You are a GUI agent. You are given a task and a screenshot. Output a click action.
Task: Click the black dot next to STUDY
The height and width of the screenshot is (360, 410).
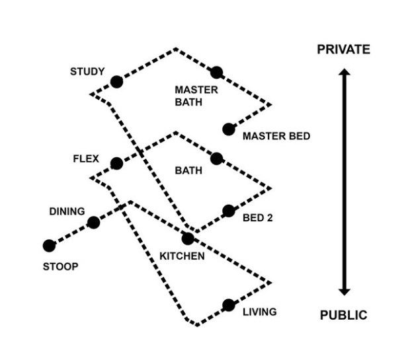(x=116, y=82)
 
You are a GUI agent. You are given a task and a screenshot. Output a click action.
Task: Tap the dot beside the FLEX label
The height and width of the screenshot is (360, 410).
(x=116, y=163)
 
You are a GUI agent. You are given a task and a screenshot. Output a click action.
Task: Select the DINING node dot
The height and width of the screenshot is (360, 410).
(x=93, y=223)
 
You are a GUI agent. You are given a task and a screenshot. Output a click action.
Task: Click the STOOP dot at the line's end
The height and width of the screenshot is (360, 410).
(x=49, y=246)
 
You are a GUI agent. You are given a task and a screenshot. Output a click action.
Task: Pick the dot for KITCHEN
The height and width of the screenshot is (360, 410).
(x=188, y=238)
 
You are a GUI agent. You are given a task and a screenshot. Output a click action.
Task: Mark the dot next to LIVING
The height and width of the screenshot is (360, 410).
(x=229, y=305)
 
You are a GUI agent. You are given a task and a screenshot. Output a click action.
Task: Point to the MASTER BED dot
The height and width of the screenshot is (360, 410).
(x=229, y=129)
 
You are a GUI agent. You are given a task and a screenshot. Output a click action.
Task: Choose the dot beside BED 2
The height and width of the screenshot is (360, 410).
(x=229, y=211)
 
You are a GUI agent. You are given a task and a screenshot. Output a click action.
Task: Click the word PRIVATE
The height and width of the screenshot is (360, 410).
(x=343, y=50)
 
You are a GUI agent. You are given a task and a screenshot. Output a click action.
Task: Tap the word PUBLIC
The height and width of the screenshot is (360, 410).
(x=343, y=315)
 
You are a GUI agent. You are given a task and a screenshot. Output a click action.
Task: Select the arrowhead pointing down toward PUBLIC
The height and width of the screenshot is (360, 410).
(x=343, y=291)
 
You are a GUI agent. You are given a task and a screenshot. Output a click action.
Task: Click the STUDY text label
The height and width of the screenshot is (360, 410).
(x=87, y=71)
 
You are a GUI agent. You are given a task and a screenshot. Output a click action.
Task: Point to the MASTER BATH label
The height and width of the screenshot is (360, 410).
(x=188, y=96)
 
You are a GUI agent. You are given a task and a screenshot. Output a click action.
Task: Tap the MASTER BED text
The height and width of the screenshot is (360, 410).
(x=276, y=137)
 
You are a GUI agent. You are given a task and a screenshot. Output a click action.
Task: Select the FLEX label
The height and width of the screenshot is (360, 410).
(x=87, y=159)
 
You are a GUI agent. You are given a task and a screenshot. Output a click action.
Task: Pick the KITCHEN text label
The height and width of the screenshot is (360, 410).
(x=182, y=256)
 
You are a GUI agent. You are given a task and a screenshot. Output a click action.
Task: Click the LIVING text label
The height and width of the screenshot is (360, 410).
(x=259, y=312)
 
